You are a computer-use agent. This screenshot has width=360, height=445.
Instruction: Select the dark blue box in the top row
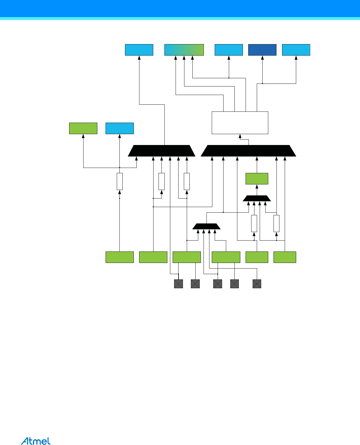(262, 50)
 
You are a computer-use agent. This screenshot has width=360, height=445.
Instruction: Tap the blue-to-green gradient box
(184, 50)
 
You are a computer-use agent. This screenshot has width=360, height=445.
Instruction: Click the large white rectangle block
(240, 123)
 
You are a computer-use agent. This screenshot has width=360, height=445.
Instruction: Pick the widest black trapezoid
(249, 151)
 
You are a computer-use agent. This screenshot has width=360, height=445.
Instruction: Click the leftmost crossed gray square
(179, 284)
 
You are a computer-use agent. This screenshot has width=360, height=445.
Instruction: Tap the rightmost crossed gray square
(257, 284)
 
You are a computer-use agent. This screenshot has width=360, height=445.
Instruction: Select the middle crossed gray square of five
(218, 284)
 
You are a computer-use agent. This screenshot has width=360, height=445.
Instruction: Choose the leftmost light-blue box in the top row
(139, 50)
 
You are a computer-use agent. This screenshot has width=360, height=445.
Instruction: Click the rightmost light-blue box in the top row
(296, 50)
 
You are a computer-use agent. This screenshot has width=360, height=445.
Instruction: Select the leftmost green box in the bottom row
(120, 257)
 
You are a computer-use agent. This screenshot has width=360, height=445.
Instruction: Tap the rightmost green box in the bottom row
(285, 257)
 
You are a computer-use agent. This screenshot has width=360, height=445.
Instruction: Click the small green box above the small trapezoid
(257, 179)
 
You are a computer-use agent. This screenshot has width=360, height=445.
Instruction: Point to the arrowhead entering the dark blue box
(262, 58)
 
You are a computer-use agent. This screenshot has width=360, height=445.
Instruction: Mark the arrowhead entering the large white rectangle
(240, 136)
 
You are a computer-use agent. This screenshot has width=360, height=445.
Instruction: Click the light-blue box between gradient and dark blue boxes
(229, 50)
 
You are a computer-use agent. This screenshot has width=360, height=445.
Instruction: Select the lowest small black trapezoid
(206, 226)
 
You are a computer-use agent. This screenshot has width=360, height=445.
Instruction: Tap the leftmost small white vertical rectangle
(120, 181)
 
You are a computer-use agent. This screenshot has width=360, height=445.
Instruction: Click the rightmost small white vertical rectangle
(276, 223)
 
